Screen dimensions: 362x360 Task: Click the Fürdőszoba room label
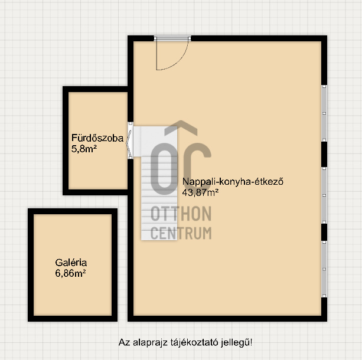97,138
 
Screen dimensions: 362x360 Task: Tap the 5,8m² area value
84,149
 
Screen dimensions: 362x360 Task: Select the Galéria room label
71,263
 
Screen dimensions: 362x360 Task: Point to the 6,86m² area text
71,273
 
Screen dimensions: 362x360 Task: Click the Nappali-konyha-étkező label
233,182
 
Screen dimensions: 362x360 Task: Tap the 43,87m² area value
200,192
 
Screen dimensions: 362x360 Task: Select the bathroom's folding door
130,140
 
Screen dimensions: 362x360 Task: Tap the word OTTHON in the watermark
181,214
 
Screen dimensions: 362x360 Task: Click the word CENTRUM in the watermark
181,233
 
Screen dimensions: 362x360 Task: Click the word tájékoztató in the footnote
194,342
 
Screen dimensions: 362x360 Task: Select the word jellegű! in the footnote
237,342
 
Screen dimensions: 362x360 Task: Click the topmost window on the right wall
324,113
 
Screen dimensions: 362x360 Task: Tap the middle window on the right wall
324,195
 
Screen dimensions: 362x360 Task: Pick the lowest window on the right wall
324,269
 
